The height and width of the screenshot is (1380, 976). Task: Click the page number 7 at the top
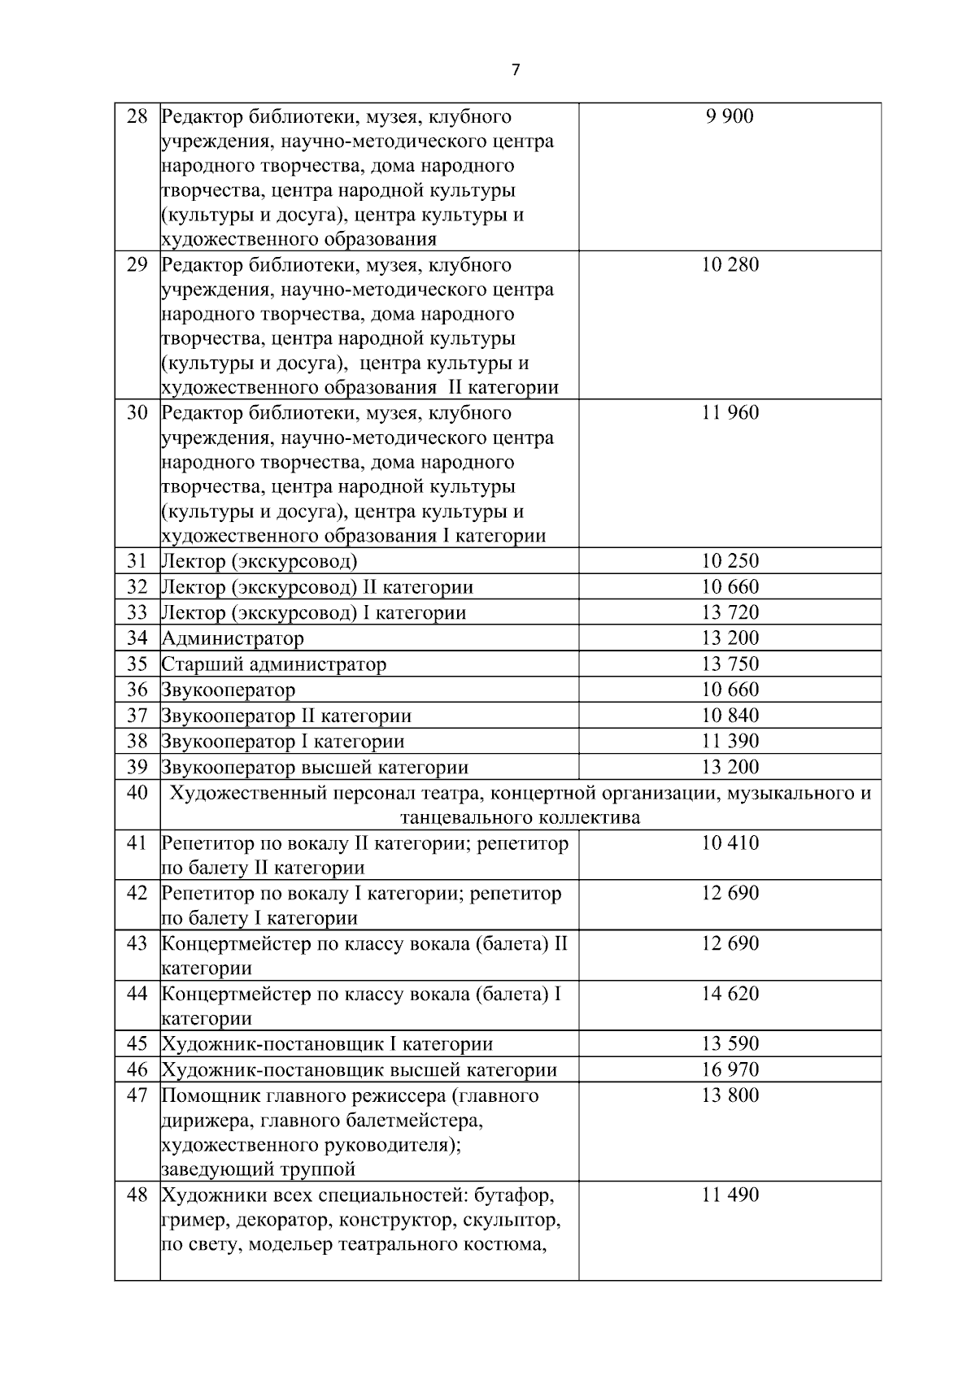click(516, 70)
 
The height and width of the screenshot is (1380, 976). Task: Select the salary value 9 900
click(730, 116)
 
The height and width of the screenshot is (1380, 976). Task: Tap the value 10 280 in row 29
click(730, 264)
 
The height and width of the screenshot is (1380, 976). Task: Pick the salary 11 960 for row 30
click(730, 412)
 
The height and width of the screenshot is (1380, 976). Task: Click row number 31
click(137, 561)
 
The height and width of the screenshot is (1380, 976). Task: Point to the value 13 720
click(730, 612)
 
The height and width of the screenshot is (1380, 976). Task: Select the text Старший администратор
click(274, 664)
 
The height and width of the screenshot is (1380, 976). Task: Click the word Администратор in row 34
click(233, 638)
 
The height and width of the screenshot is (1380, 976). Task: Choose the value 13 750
click(730, 664)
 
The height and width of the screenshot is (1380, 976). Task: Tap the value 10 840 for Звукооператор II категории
click(730, 716)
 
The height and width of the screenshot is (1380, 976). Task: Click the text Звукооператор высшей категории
click(315, 767)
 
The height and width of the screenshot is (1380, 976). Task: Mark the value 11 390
click(730, 741)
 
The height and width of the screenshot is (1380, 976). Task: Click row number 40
click(137, 792)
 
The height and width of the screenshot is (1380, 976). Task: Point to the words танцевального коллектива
click(520, 817)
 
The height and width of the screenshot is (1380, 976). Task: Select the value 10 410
click(730, 842)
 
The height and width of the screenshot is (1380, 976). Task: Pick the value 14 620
click(730, 994)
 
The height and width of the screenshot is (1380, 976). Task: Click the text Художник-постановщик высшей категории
click(359, 1069)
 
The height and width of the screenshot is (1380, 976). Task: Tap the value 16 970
click(730, 1069)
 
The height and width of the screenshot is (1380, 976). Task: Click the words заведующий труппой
click(259, 1169)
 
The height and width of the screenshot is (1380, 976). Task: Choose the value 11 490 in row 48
click(730, 1195)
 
